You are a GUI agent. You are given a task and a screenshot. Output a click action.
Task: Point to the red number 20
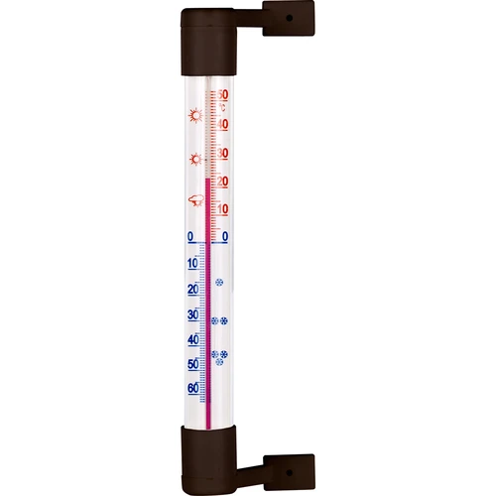(224, 181)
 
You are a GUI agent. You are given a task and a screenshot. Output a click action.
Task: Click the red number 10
(224, 208)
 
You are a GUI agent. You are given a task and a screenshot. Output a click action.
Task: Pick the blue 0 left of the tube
(190, 236)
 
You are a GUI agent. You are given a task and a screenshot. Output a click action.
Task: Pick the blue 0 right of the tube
(225, 236)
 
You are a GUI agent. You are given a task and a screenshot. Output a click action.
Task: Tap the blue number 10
(192, 263)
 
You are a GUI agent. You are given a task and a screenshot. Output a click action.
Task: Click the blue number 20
(192, 289)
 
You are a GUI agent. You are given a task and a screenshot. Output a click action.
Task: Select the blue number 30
(192, 314)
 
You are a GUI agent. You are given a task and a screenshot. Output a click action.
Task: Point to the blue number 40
(192, 340)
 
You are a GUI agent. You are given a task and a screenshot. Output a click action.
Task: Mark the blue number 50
(192, 364)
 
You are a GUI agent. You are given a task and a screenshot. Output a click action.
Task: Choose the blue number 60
(192, 388)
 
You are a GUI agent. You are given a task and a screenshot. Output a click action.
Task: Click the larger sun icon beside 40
(193, 116)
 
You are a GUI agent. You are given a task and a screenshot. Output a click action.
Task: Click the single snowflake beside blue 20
(219, 284)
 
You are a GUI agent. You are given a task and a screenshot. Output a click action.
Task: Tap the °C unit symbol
(225, 106)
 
